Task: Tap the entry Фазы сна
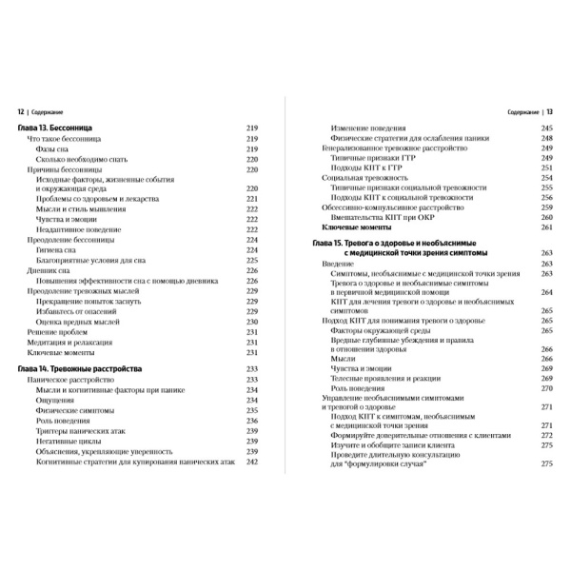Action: click(x=53, y=148)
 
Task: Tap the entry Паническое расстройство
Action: click(x=69, y=378)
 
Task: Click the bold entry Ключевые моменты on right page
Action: click(x=364, y=228)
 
